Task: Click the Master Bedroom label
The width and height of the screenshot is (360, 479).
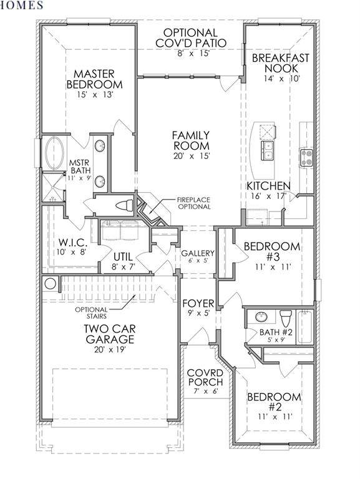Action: pyautogui.click(x=94, y=79)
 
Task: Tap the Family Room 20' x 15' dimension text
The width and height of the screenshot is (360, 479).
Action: pyautogui.click(x=192, y=156)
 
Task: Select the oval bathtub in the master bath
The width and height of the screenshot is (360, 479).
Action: pyautogui.click(x=55, y=153)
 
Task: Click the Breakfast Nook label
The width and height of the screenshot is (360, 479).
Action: pyautogui.click(x=280, y=63)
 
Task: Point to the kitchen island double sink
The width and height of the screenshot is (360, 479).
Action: pyautogui.click(x=268, y=150)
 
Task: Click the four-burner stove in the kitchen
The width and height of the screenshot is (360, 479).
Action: pyautogui.click(x=306, y=157)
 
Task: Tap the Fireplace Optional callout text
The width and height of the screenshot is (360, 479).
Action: pyautogui.click(x=194, y=203)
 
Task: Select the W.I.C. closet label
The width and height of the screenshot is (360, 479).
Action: pyautogui.click(x=73, y=243)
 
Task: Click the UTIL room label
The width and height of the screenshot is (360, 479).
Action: pyautogui.click(x=123, y=256)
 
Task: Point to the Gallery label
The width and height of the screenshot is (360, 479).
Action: pyautogui.click(x=198, y=253)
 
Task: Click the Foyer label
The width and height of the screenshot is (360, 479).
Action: pyautogui.click(x=198, y=304)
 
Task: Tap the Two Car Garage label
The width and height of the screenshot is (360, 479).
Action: pyautogui.click(x=110, y=334)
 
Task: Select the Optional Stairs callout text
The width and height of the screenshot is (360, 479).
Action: pyautogui.click(x=91, y=313)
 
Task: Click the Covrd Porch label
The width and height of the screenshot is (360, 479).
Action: pyautogui.click(x=205, y=377)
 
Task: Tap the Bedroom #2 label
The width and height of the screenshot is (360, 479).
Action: pyautogui.click(x=274, y=402)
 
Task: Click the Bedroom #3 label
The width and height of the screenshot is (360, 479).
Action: pyautogui.click(x=271, y=251)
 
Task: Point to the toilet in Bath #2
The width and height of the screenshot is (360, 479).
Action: pyautogui.click(x=286, y=318)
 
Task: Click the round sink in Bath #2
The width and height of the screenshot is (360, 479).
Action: pyautogui.click(x=261, y=317)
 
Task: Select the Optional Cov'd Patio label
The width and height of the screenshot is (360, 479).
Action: pyautogui.click(x=191, y=37)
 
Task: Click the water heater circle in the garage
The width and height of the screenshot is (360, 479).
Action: pyautogui.click(x=50, y=284)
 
